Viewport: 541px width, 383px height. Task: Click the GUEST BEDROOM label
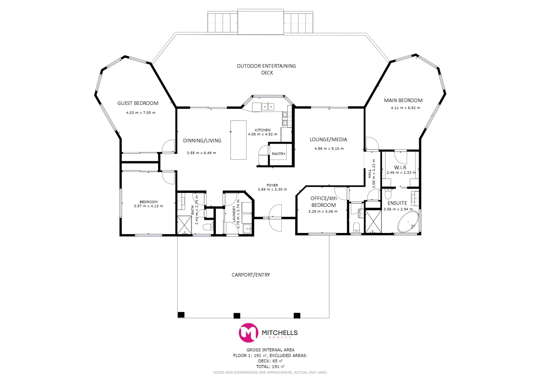pos(138,103)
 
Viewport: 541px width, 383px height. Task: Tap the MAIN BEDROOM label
pos(403,100)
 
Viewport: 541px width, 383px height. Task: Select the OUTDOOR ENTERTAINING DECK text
pos(266,69)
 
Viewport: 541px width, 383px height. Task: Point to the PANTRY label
pos(278,154)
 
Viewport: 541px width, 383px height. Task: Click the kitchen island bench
pos(238,140)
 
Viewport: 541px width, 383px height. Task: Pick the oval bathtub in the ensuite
pos(408,223)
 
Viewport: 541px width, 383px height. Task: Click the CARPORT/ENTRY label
pos(251,275)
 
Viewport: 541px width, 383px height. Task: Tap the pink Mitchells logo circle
pos(248,333)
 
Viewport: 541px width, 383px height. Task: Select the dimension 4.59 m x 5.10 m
pos(329,149)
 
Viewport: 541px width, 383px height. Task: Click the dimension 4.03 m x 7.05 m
pos(141,113)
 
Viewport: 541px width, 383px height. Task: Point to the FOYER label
pos(272,185)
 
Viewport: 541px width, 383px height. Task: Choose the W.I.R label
pos(400,167)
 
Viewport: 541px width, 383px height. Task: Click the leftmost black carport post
pos(181,315)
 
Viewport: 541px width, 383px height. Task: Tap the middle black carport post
pos(237,315)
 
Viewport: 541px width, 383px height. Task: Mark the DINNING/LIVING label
pos(202,141)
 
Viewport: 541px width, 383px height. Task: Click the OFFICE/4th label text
pos(323,199)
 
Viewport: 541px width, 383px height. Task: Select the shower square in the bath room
pos(185,224)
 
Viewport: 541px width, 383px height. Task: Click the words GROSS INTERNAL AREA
pos(270,350)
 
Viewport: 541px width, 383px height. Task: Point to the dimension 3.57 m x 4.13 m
pos(148,206)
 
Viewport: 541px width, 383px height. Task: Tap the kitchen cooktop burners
pos(284,118)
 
